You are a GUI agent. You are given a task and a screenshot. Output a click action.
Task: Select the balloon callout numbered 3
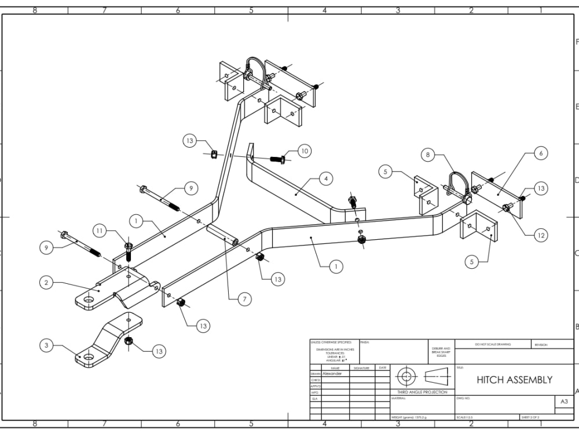[46, 346]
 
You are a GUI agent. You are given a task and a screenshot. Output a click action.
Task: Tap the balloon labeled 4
[325, 179]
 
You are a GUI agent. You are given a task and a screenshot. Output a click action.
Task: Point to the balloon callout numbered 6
[540, 153]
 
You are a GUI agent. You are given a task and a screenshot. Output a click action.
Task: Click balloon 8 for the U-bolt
[428, 155]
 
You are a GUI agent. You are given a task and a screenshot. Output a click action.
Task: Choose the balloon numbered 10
[304, 151]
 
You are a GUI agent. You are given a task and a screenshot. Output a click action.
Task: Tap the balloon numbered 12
[540, 235]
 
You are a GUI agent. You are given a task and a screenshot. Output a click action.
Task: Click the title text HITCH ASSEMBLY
[514, 380]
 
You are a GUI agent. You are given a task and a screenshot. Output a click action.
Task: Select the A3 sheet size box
[563, 402]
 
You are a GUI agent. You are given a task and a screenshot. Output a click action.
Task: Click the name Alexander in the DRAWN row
[332, 374]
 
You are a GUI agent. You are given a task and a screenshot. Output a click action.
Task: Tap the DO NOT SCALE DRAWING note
[493, 344]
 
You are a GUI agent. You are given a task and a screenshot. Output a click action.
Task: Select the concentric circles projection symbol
[406, 376]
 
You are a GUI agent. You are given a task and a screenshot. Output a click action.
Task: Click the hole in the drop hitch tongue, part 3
[87, 357]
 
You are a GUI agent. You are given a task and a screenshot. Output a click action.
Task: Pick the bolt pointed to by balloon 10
[277, 158]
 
